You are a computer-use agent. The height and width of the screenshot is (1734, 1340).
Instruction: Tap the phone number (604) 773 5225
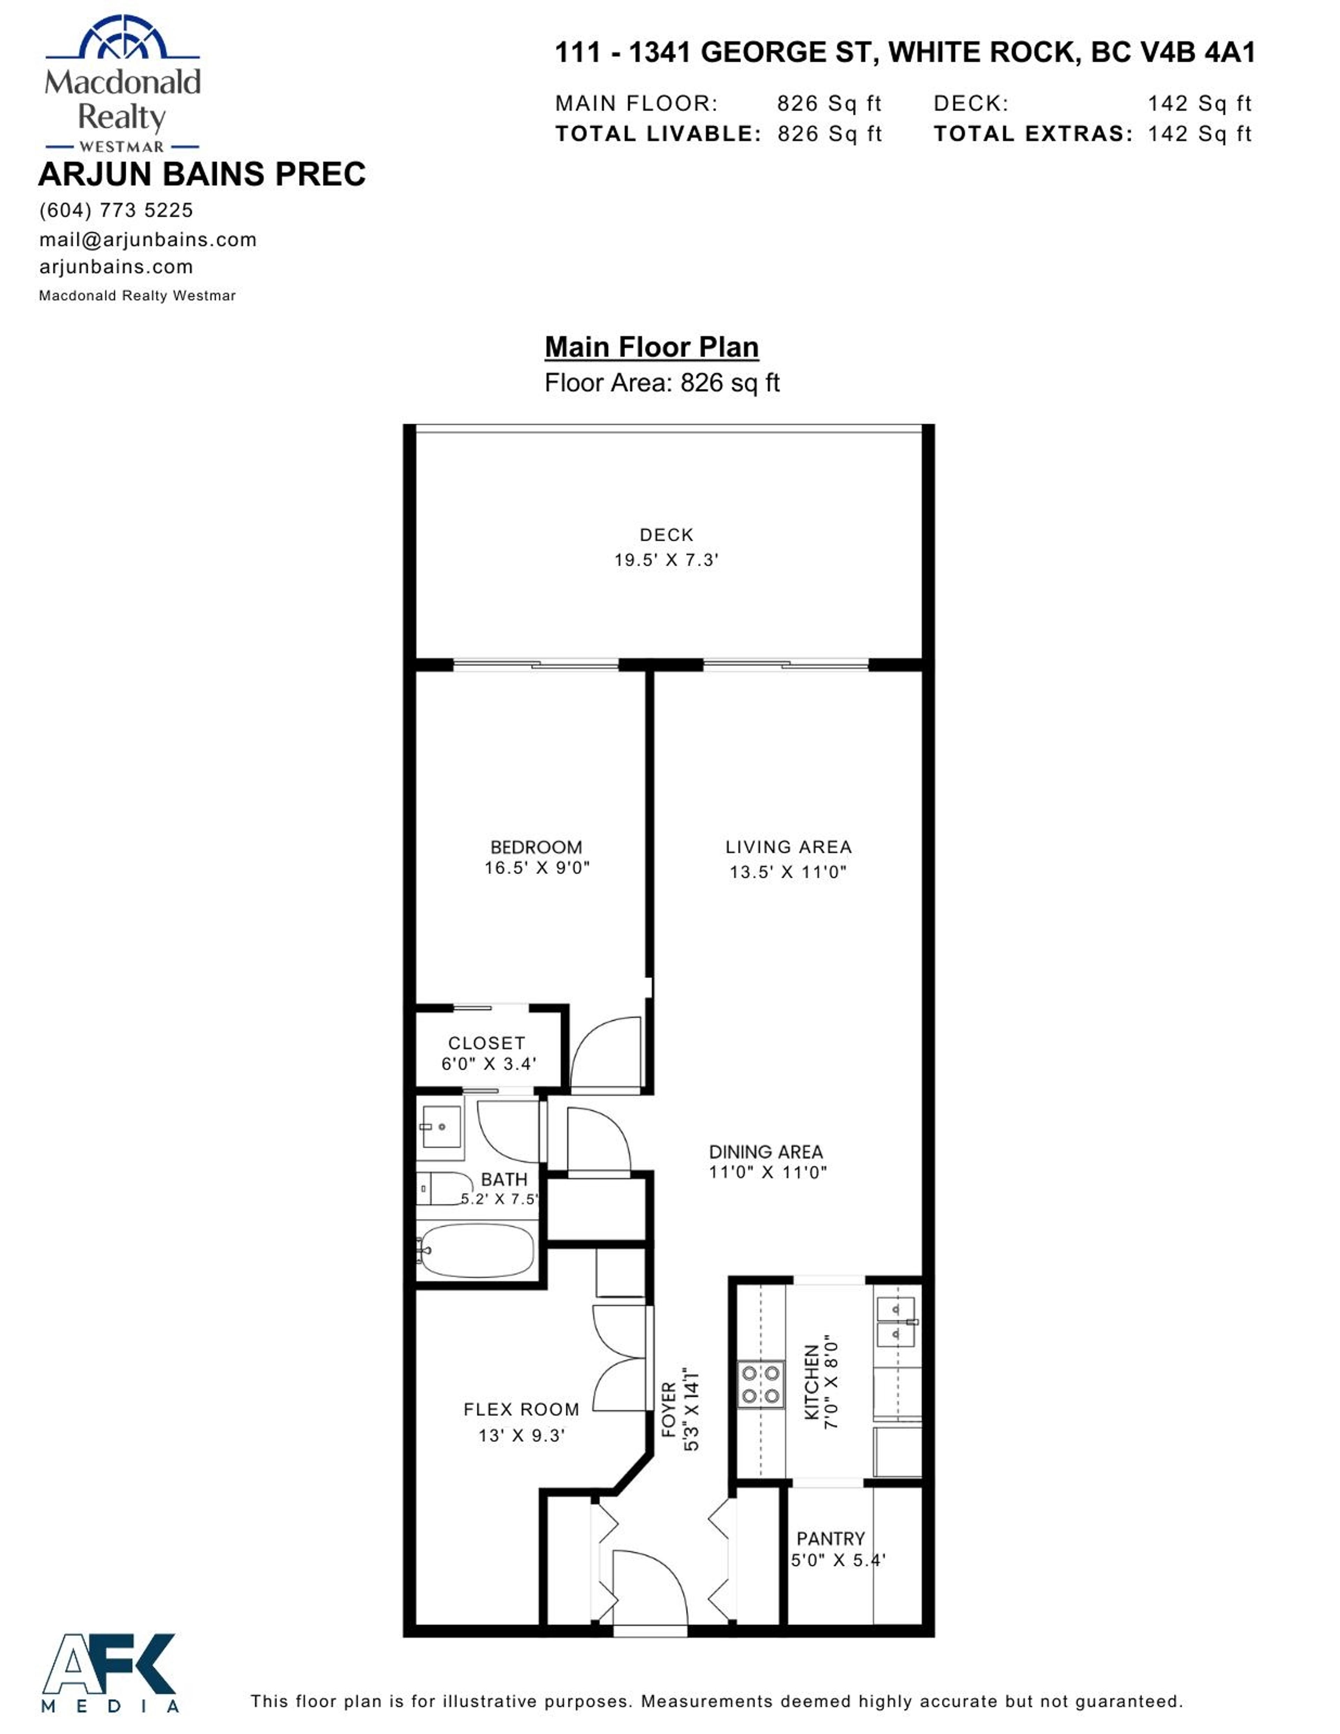116,210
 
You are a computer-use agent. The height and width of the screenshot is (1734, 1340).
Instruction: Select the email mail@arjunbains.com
148,240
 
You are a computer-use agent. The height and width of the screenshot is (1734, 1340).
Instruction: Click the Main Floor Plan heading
652,347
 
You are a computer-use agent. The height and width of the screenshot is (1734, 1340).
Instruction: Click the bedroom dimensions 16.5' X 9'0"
537,868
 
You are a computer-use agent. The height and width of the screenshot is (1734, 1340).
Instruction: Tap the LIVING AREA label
788,847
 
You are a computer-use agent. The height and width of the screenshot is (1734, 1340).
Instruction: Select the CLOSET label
486,1043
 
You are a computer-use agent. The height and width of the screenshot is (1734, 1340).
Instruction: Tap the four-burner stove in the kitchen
760,1383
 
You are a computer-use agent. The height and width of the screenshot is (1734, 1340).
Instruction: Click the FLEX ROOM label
521,1409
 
